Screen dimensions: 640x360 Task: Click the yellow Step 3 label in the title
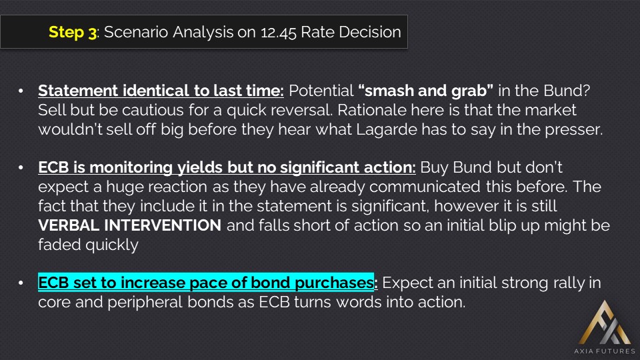(x=73, y=32)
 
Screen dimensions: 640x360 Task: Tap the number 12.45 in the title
(x=279, y=32)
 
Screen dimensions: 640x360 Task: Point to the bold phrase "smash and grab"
(x=426, y=91)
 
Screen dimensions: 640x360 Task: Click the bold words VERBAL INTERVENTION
(x=130, y=225)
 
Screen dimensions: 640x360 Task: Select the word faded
(x=59, y=245)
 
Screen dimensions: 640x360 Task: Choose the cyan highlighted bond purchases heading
(x=206, y=283)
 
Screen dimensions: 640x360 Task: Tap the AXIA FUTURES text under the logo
(x=605, y=351)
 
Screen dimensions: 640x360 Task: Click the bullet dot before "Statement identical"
(x=21, y=91)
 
